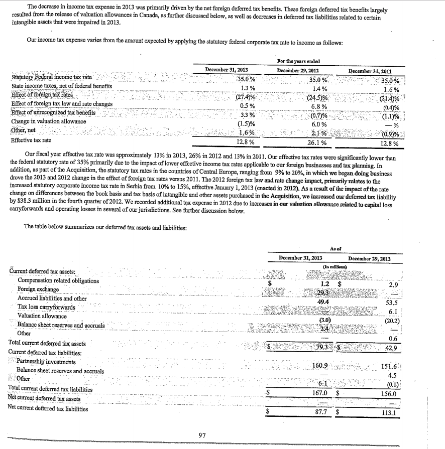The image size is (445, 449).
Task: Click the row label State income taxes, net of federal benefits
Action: [x=61, y=86]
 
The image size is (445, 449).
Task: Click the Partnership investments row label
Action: [x=46, y=362]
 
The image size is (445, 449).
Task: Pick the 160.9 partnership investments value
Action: [x=320, y=365]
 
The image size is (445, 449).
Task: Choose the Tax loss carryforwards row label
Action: [x=46, y=307]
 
